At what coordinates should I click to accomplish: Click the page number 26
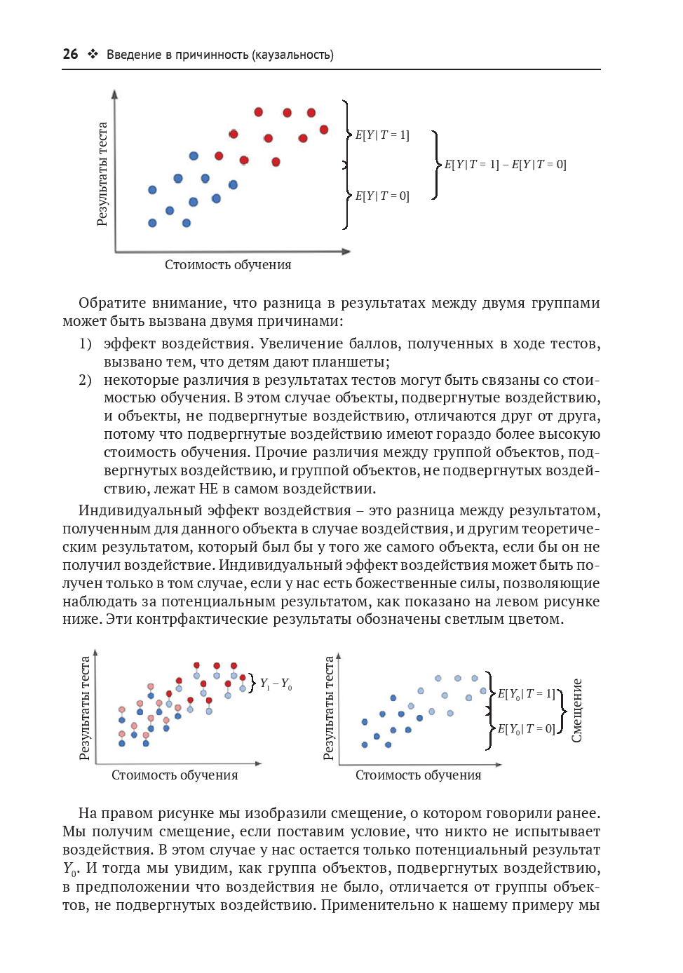coord(70,54)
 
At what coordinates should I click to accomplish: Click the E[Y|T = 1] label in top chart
coord(382,135)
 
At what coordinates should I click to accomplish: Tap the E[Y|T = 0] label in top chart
coord(382,196)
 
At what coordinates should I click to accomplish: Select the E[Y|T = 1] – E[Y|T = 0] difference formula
coord(505,165)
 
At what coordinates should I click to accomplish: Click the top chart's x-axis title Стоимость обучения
coord(228,265)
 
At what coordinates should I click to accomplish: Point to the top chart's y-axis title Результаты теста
coord(102,174)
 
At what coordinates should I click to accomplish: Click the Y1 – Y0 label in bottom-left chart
coord(276,683)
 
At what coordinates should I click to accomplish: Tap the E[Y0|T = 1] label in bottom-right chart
coord(526,694)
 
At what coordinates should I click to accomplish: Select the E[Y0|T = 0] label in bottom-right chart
coord(526,729)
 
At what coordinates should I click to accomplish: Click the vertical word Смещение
coord(577,710)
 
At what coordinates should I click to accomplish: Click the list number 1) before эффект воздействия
coord(85,343)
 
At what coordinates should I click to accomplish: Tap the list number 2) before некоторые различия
coord(85,380)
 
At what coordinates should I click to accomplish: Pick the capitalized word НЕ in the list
coord(209,489)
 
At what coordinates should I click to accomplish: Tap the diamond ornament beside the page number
coord(93,54)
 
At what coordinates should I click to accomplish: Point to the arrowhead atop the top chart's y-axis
coord(115,94)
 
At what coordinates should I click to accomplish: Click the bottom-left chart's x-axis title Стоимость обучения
coord(175,775)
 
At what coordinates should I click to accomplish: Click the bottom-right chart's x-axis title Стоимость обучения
coord(418,775)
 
